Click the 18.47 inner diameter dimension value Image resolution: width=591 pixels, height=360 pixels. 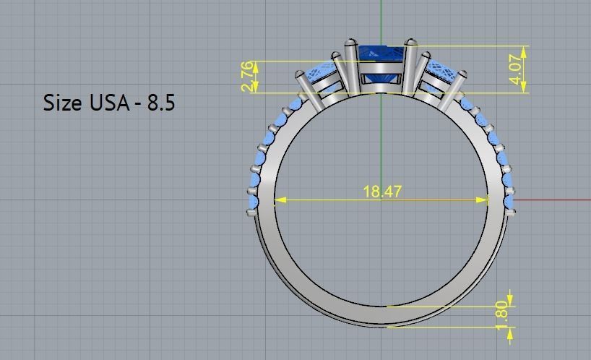pyautogui.click(x=382, y=192)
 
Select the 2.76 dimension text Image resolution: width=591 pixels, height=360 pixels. pyautogui.click(x=247, y=77)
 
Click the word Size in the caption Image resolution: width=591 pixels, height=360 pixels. pyautogui.click(x=62, y=103)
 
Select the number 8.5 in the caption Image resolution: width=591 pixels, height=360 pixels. pyautogui.click(x=160, y=103)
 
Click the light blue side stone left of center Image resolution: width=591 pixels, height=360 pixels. pyautogui.click(x=324, y=75)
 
